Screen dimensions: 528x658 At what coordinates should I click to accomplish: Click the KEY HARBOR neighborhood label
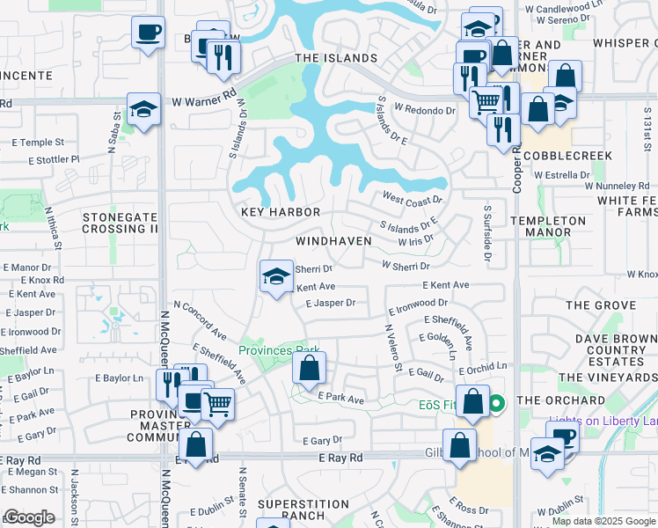point(281,213)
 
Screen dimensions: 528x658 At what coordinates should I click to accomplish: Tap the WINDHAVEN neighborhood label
point(333,240)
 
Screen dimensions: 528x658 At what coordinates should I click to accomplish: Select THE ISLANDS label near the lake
point(336,58)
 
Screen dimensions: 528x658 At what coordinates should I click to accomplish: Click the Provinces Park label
point(278,350)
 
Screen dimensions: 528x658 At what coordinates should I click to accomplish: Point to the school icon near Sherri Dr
point(276,277)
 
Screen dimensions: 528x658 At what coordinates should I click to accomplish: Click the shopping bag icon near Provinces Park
point(309,369)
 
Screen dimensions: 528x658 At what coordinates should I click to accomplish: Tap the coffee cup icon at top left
point(147,33)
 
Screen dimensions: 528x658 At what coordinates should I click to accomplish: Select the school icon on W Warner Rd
point(143,110)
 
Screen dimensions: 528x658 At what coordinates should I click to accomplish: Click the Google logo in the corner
point(29,517)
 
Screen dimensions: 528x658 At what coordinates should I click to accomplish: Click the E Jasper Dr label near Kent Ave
point(330,303)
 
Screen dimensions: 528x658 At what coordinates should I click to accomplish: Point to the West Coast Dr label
point(411,200)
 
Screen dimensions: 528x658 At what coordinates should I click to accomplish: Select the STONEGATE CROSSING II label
point(120,222)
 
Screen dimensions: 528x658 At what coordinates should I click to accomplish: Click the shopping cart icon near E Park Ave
point(217,405)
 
